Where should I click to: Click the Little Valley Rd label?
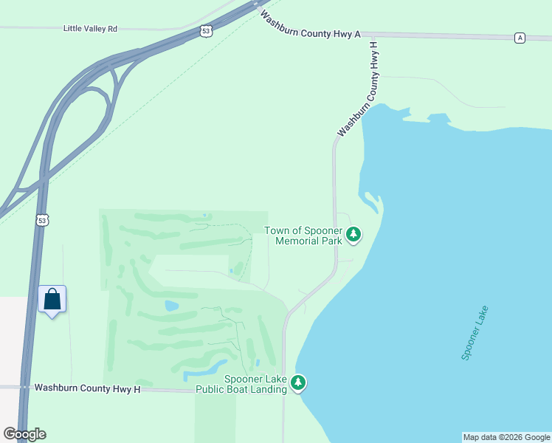pos(90,29)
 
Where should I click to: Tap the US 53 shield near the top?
pos(207,31)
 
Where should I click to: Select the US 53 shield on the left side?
pos(43,221)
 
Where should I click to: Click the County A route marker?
pos(520,38)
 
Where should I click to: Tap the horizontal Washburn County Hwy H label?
pos(87,388)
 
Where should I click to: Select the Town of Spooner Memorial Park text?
pos(303,236)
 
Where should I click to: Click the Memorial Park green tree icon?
pos(354,235)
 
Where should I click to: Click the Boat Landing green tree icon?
pos(298,382)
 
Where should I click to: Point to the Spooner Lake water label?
pos(475,332)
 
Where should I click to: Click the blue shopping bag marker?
pos(52,300)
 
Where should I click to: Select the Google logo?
pos(24,434)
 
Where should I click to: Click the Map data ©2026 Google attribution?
pos(506,437)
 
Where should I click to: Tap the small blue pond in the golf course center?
pos(171,306)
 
